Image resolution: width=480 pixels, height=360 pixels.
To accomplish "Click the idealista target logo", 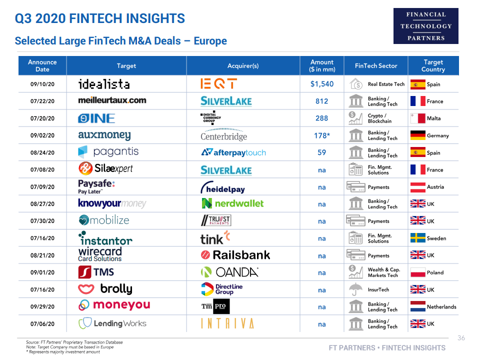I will pyautogui.click(x=103, y=84).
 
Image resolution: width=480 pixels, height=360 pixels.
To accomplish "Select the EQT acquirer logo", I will pyautogui.click(x=218, y=84).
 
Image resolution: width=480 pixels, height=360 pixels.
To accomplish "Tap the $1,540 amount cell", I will pyautogui.click(x=322, y=84).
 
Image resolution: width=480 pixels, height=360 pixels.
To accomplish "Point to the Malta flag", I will pyautogui.click(x=417, y=118).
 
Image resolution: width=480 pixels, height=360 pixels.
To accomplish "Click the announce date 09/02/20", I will pyautogui.click(x=42, y=135).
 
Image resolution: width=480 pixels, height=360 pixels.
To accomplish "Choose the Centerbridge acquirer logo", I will pyautogui.click(x=224, y=135).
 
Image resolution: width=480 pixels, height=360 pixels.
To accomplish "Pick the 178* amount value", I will pyautogui.click(x=322, y=135).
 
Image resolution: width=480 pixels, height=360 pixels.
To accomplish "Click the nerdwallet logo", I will pyautogui.click(x=232, y=203).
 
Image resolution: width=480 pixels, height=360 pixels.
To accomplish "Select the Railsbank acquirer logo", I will pyautogui.click(x=235, y=255).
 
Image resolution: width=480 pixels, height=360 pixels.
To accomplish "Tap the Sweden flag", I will pyautogui.click(x=417, y=238).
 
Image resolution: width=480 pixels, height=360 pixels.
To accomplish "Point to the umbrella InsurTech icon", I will pyautogui.click(x=355, y=289).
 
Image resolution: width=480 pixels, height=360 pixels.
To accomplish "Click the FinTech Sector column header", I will pyautogui.click(x=376, y=65).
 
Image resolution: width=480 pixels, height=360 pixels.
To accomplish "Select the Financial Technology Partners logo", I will pyautogui.click(x=425, y=26).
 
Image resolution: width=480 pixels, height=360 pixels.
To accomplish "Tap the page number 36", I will pyautogui.click(x=461, y=338).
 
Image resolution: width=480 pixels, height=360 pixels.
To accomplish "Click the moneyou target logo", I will pyautogui.click(x=114, y=305).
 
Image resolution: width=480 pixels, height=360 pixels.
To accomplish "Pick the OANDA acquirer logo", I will pyautogui.click(x=229, y=272).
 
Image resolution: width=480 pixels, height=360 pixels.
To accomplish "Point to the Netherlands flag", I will pyautogui.click(x=417, y=306).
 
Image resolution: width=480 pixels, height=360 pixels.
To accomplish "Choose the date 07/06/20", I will pyautogui.click(x=42, y=324).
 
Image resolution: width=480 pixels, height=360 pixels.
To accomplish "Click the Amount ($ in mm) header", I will pyautogui.click(x=322, y=65).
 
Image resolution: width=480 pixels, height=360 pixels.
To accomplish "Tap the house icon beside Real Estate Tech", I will pyautogui.click(x=355, y=84).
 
